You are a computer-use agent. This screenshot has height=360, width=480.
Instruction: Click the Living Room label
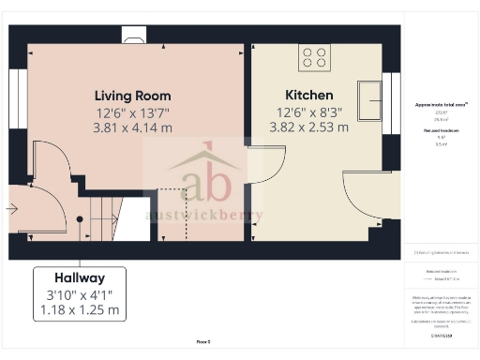(x=132, y=96)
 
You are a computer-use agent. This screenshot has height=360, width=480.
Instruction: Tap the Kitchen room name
(x=310, y=96)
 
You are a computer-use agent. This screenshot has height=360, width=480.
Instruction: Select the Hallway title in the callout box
(x=79, y=278)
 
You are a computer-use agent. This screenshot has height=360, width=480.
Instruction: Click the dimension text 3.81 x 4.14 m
(x=132, y=127)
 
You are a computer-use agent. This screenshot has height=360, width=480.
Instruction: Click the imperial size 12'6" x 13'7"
(x=132, y=112)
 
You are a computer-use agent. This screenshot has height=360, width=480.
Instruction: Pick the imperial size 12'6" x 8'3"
(x=310, y=112)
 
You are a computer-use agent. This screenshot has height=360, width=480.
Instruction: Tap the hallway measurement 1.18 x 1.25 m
(x=79, y=309)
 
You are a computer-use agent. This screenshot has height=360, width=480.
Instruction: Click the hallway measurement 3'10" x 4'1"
(x=79, y=294)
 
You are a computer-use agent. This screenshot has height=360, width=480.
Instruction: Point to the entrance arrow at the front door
(x=12, y=208)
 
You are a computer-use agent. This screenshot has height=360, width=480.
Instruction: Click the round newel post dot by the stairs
(x=80, y=219)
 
